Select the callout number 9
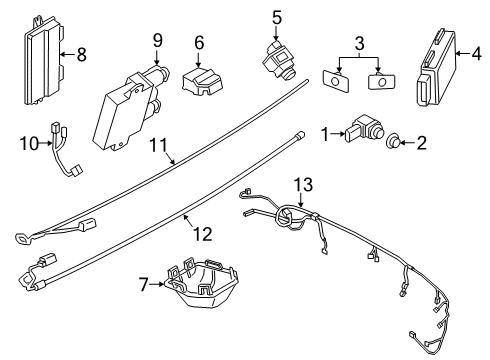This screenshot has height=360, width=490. click(158, 40)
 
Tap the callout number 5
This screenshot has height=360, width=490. click(277, 17)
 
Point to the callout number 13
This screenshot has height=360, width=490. click(303, 183)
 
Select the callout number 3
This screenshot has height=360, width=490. click(357, 44)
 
